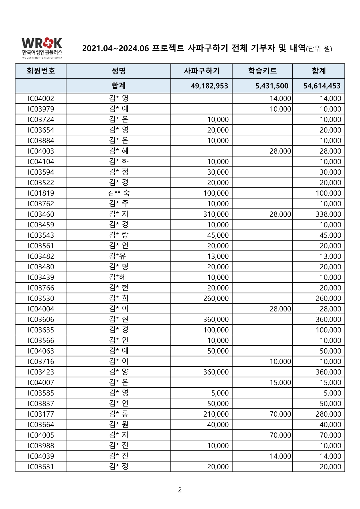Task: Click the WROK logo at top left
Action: click(x=42, y=48)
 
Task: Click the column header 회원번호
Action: click(x=41, y=71)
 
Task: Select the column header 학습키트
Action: click(x=262, y=71)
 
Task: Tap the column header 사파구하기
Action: click(x=201, y=71)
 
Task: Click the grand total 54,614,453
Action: click(x=322, y=86)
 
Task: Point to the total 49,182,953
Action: click(x=209, y=86)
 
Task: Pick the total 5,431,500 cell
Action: click(x=272, y=86)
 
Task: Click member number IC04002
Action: click(x=41, y=98)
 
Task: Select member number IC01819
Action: click(x=41, y=193)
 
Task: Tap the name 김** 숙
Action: click(x=119, y=193)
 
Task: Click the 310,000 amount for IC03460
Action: click(x=216, y=214)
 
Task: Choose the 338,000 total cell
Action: click(x=328, y=214)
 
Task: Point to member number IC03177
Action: click(x=41, y=414)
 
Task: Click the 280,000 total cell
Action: click(x=328, y=414)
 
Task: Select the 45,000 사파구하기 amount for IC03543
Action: click(x=218, y=235)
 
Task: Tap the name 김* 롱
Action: click(x=119, y=414)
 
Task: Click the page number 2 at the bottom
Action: click(x=180, y=490)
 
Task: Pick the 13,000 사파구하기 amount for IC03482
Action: click(x=218, y=257)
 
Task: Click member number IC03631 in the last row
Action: click(x=41, y=467)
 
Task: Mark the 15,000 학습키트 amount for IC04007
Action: click(x=280, y=383)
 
